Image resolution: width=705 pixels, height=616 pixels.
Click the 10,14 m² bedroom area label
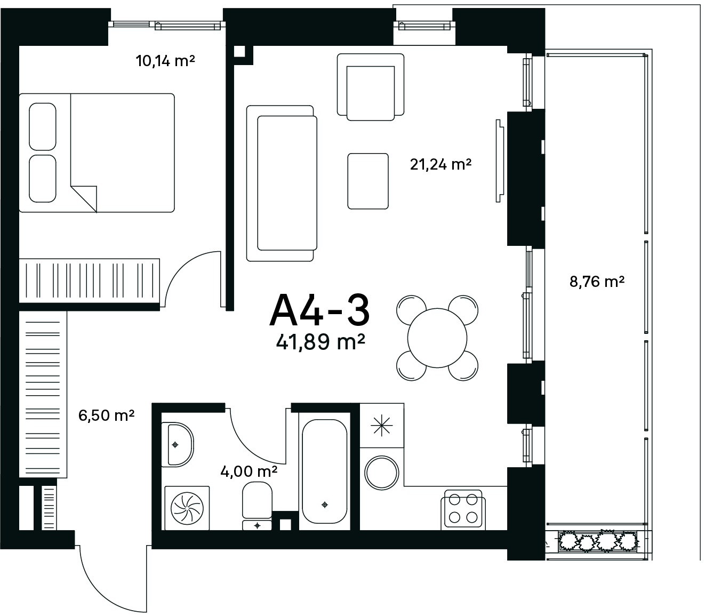point(165,61)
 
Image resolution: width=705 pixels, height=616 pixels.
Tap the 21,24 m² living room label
point(440,164)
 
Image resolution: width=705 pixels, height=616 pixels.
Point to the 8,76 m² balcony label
point(597,282)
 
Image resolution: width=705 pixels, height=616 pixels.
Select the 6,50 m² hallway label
point(106,415)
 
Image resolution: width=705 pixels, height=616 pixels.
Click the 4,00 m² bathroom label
point(249,471)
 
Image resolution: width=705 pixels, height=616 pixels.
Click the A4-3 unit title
point(320,310)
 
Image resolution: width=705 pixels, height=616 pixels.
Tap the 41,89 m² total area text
point(321,342)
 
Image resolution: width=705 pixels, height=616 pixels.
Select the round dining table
point(437,338)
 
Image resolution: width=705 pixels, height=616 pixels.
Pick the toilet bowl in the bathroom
point(257,500)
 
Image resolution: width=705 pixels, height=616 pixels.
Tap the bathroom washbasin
point(181,445)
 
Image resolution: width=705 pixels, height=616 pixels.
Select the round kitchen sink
point(382,473)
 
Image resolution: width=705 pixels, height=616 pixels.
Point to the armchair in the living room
point(371,87)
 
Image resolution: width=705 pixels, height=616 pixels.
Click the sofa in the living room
point(282,183)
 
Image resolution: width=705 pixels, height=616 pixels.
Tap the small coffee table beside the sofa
point(368,181)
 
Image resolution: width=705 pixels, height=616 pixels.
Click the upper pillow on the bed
point(42,127)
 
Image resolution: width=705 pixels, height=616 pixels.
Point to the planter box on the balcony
point(598,541)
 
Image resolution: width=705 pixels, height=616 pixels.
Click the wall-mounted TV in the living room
point(500,161)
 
